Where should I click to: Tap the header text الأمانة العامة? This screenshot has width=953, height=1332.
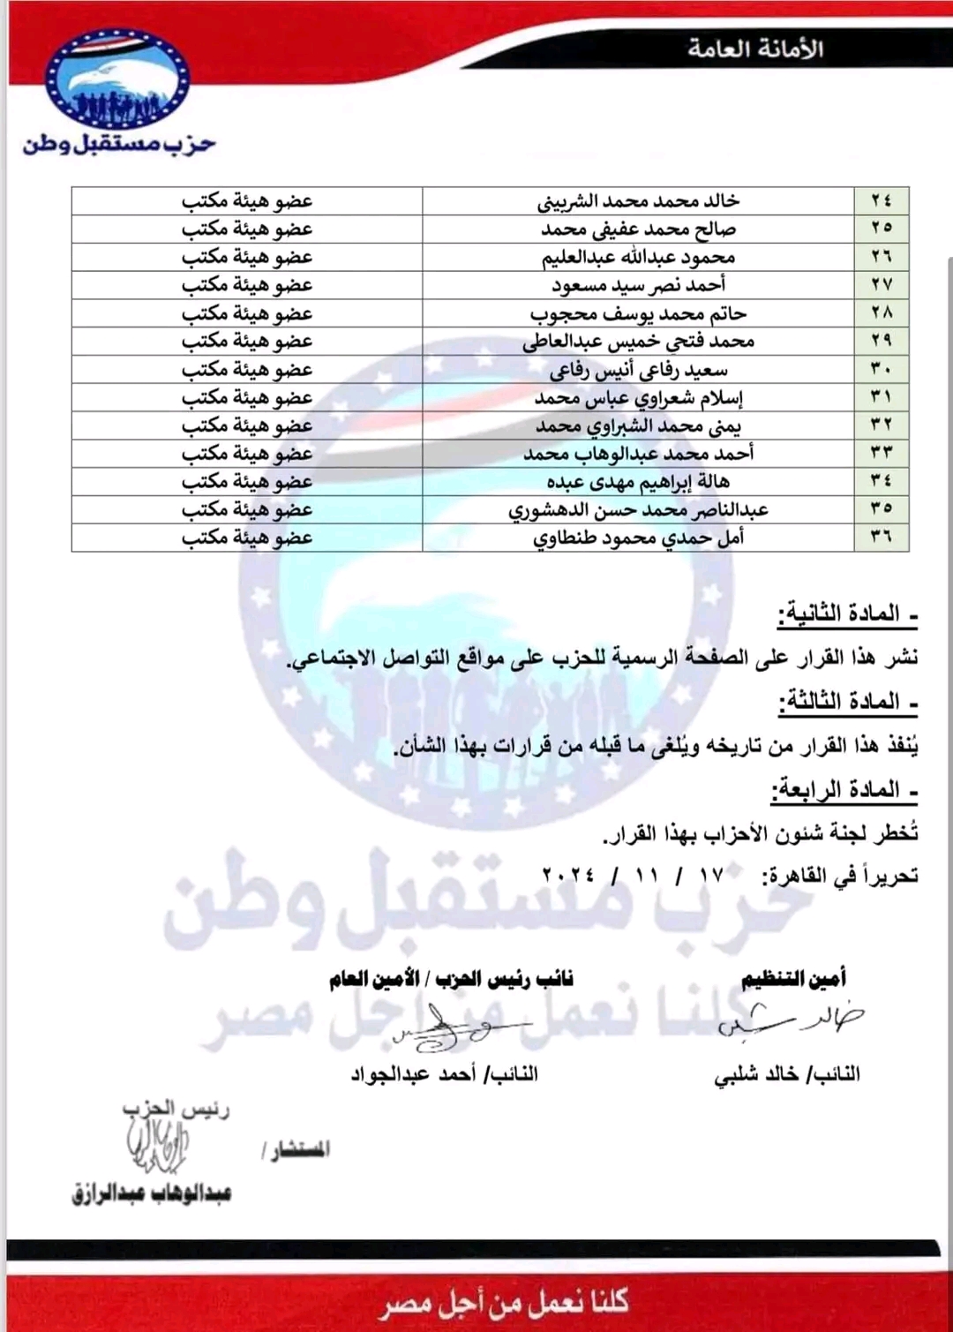coord(755,49)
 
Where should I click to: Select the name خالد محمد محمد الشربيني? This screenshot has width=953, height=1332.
coord(638,201)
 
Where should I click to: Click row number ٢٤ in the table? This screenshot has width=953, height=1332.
coord(881,201)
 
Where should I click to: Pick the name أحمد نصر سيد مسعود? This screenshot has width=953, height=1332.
coord(638,285)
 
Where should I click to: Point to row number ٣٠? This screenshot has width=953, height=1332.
coord(881,369)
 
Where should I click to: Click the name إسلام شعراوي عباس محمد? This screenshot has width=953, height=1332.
coord(638,397)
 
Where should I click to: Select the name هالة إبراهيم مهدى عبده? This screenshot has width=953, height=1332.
coord(638,482)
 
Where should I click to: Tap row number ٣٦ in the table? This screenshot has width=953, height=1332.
coord(881,538)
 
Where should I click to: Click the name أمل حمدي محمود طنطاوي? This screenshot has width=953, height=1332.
coord(638,538)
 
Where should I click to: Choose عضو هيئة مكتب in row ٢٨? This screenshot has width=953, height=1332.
coord(247,313)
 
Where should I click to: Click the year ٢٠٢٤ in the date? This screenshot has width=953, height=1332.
coord(568,875)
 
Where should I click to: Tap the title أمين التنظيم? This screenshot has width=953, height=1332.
coord(793,978)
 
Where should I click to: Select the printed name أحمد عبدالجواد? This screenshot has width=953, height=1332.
coord(444,1074)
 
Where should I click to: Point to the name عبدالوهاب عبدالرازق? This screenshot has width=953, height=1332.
coord(152,1193)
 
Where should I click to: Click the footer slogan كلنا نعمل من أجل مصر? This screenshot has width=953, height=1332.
coord(505,1302)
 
